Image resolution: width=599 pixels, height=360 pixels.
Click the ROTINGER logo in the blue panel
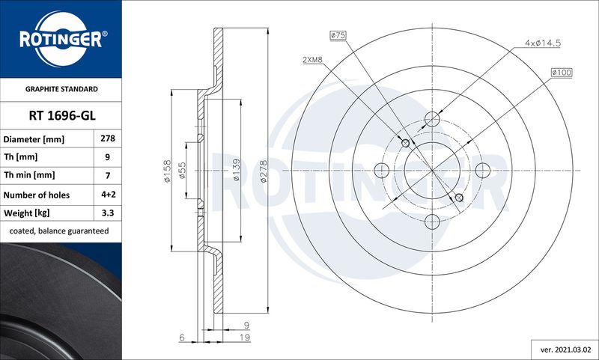61,39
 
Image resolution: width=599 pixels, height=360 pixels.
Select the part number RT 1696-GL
62,115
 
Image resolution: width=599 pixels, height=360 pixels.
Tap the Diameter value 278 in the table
108,138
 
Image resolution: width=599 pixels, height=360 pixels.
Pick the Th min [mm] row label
29,175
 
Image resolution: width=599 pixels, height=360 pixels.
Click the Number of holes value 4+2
108,195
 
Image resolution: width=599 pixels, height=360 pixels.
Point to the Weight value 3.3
108,213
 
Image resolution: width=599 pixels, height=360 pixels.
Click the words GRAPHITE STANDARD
61,89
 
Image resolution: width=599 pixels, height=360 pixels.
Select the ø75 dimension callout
338,35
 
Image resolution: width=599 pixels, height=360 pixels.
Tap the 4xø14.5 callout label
542,43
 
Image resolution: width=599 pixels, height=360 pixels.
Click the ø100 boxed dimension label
562,72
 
